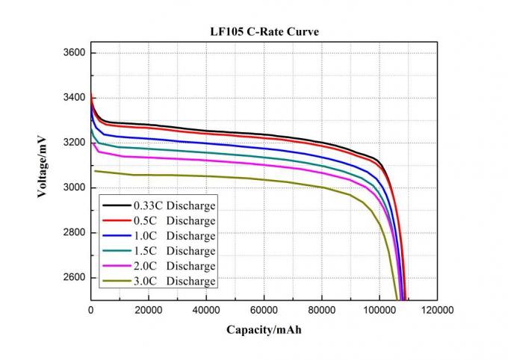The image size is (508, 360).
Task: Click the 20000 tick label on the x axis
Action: [x=149, y=309]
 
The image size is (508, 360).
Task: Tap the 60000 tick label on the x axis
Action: [x=264, y=309]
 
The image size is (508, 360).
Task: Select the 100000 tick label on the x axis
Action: [x=379, y=309]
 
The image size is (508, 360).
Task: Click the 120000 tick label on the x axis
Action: [x=436, y=309]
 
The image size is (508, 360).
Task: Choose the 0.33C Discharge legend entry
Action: [x=159, y=205]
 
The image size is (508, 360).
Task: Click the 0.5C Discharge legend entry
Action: [x=159, y=220]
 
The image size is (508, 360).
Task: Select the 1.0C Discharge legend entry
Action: [x=159, y=235]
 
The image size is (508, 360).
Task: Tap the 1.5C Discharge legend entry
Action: [x=159, y=251]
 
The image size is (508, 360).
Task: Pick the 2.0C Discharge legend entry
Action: [x=159, y=266]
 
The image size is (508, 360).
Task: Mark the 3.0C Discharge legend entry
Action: [x=159, y=281]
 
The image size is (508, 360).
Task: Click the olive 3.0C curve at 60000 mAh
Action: [x=264, y=179]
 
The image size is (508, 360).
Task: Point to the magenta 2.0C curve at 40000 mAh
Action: [x=206, y=160]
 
